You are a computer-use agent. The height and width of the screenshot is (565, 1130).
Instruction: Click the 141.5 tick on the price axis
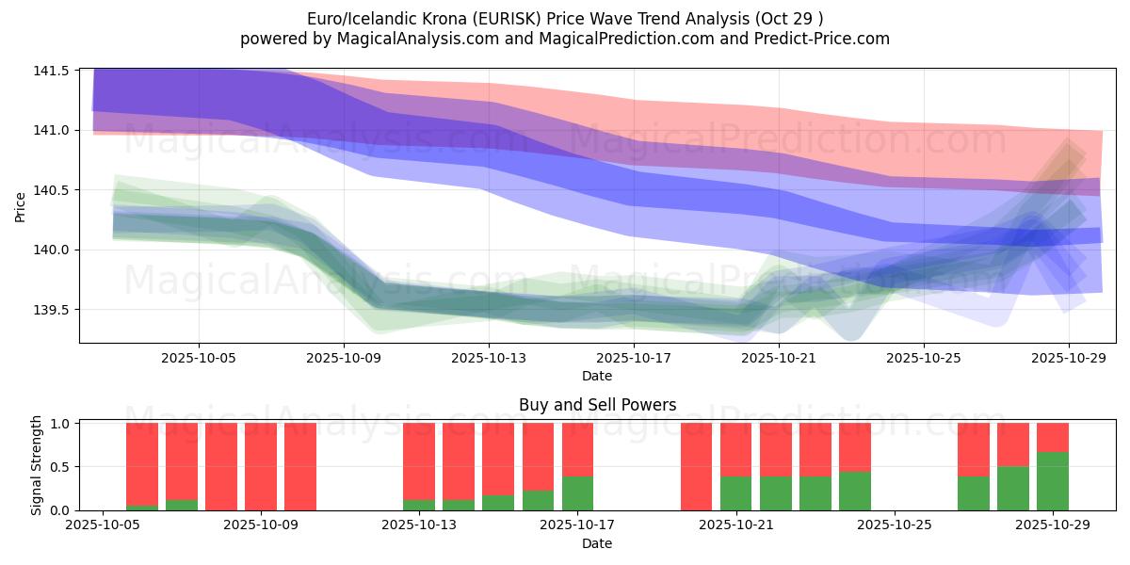point(54,71)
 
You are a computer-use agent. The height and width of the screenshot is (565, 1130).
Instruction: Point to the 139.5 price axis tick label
point(54,310)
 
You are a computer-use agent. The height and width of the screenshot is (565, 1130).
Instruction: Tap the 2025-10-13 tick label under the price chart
point(488,358)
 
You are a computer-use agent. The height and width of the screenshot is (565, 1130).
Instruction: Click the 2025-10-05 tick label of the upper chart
point(199,358)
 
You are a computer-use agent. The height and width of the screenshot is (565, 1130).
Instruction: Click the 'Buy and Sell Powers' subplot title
point(597,406)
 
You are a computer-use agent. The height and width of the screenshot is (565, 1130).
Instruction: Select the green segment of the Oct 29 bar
point(1053,481)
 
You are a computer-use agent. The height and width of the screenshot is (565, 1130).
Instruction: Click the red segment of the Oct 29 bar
point(1053,437)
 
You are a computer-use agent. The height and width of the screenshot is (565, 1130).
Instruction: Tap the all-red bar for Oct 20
point(696,466)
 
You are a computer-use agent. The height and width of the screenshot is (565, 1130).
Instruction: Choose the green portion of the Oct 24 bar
point(854,491)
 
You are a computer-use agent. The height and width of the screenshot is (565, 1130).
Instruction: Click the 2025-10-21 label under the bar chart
point(736,525)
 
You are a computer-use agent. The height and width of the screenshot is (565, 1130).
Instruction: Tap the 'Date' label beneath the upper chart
point(597,376)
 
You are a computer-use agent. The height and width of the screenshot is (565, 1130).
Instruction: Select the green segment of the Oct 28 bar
point(1013,488)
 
